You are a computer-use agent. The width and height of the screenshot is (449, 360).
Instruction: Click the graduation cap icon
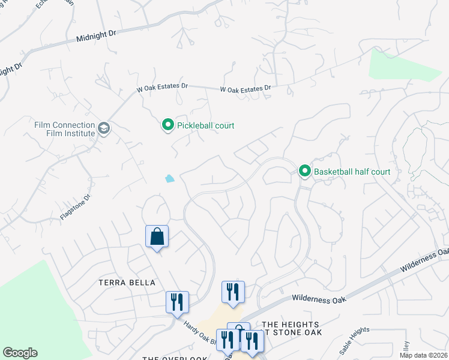pos(104,129)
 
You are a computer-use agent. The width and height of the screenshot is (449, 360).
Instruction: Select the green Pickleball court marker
pos(167,125)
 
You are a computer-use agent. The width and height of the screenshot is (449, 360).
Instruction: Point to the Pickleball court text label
pos(205,125)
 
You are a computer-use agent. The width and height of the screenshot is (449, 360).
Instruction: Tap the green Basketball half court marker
pos(305,172)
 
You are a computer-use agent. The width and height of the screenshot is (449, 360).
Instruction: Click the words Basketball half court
pos(352,172)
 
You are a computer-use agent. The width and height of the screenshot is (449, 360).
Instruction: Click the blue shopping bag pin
pos(157,236)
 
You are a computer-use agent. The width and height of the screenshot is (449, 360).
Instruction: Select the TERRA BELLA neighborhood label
pos(128,283)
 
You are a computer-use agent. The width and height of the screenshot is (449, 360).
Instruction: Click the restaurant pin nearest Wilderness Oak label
pos(233,292)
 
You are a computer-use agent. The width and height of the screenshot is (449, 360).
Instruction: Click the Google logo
pos(20,353)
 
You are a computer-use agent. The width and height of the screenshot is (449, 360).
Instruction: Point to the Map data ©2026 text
pos(424,355)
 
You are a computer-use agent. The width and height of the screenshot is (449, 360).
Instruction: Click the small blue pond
pos(170,178)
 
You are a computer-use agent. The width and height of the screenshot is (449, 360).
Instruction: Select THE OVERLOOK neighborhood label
pos(175,358)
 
